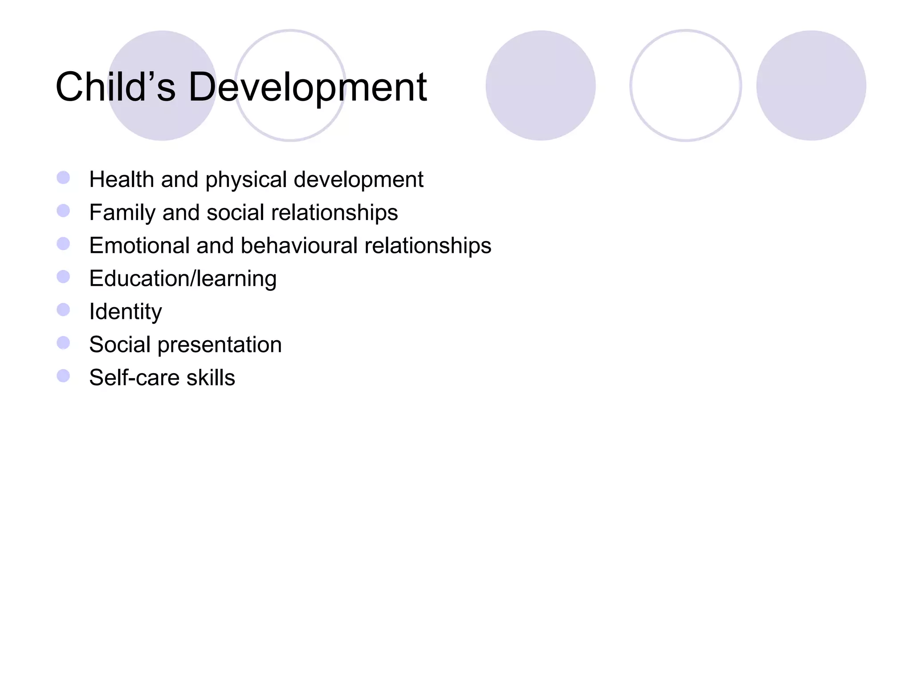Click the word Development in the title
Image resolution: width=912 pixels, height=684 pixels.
point(307,87)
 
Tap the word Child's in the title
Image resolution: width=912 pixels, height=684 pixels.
point(115,87)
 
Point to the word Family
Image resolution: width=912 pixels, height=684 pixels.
point(122,212)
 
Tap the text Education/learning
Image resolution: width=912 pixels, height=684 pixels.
point(183,279)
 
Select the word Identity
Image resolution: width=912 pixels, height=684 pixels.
point(126,312)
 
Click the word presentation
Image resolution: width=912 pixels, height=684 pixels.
point(220,345)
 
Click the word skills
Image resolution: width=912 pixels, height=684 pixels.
point(211,378)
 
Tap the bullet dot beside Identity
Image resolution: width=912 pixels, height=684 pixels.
point(63,309)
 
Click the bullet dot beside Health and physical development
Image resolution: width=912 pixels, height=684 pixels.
point(63,178)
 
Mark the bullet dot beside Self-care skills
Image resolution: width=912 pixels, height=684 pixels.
point(63,376)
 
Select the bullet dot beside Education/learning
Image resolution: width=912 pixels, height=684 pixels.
point(63,277)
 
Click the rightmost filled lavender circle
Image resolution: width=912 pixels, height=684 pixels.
point(811,85)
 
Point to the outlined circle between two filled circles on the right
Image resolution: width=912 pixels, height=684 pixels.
point(685,85)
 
